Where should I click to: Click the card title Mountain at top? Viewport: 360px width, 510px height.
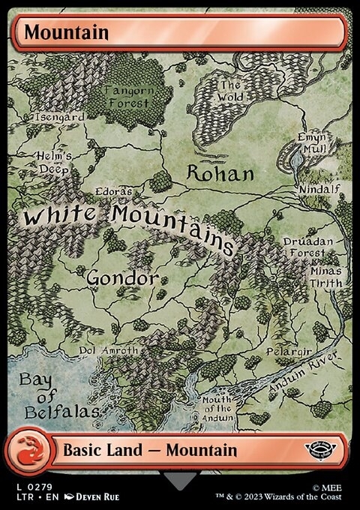click(66, 32)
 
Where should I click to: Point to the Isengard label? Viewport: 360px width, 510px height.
click(57, 118)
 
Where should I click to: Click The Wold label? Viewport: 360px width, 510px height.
click(230, 91)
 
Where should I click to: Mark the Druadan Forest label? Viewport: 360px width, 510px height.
click(305, 248)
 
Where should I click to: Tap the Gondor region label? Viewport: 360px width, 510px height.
click(122, 278)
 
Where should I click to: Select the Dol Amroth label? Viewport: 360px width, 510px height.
click(109, 350)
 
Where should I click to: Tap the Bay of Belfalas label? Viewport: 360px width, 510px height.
click(49, 395)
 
